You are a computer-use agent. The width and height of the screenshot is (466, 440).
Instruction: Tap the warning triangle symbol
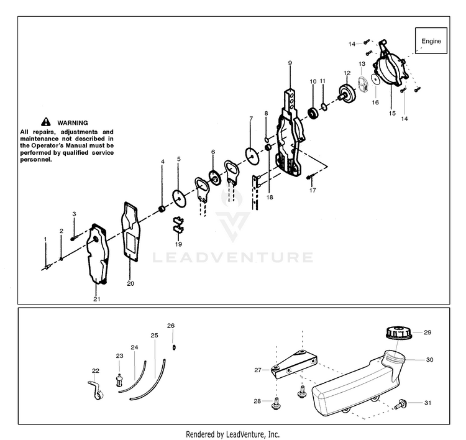tap(46, 122)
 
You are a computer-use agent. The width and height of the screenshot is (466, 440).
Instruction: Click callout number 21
tap(96, 299)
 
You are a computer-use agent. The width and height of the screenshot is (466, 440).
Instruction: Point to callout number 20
tap(130, 283)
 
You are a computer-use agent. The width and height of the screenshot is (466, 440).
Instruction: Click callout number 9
tap(290, 63)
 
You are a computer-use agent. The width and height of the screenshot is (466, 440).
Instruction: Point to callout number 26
tap(171, 326)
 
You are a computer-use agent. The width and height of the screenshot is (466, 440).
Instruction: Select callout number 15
tap(391, 113)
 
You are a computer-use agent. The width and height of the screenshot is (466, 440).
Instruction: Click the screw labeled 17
tap(311, 178)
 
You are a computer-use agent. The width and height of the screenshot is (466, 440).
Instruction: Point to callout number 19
tap(178, 244)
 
